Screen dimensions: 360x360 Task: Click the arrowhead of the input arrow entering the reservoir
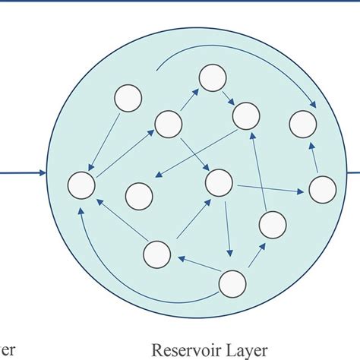click(43, 174)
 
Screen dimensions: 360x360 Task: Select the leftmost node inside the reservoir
click(81, 185)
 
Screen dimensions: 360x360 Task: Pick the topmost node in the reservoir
click(211, 77)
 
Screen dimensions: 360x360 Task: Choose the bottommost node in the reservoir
click(232, 283)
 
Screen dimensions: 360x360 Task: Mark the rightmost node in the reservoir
click(322, 188)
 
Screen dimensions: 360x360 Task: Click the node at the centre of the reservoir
click(219, 182)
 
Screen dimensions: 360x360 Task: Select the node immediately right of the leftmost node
click(138, 196)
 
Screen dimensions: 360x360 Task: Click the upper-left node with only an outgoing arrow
click(127, 98)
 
